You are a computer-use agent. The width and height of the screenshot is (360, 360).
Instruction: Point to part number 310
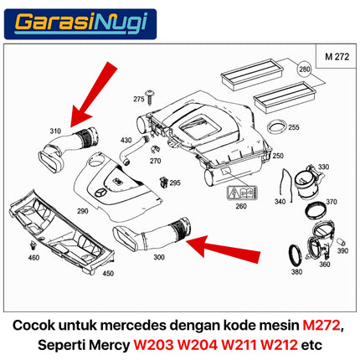[x=55, y=131]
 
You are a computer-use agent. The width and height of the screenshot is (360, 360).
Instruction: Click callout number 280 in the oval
[x=304, y=72]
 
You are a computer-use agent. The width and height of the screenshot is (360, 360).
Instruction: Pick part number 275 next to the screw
[x=138, y=99]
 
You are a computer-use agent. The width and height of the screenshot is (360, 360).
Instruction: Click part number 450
[x=107, y=273]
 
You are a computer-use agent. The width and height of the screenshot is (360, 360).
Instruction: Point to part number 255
[x=293, y=127]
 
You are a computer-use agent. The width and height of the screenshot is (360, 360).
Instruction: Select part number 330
[x=323, y=167]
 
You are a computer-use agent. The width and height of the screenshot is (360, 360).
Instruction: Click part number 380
[x=296, y=272]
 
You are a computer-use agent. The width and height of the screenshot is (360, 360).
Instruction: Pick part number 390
[x=342, y=250]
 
